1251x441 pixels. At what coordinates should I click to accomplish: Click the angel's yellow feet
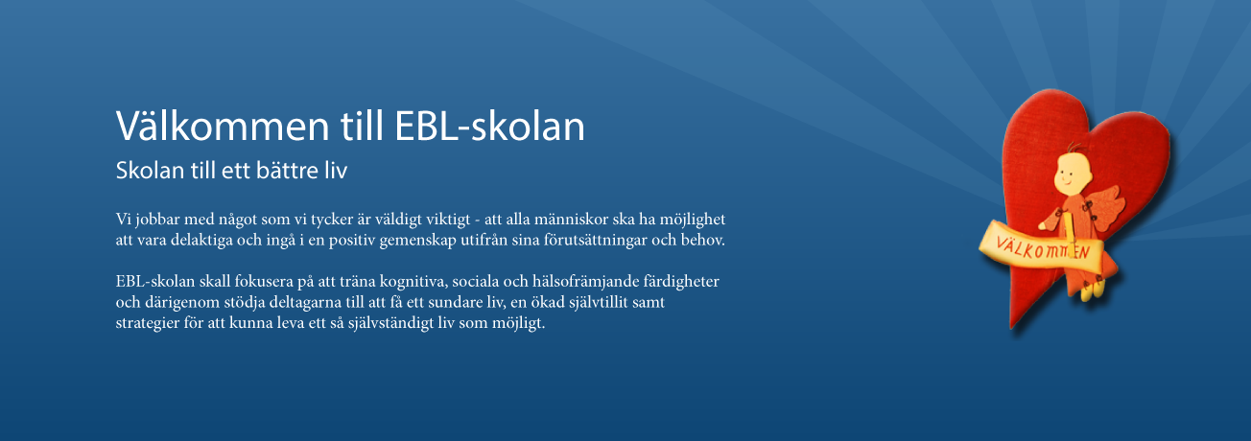1093,290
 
